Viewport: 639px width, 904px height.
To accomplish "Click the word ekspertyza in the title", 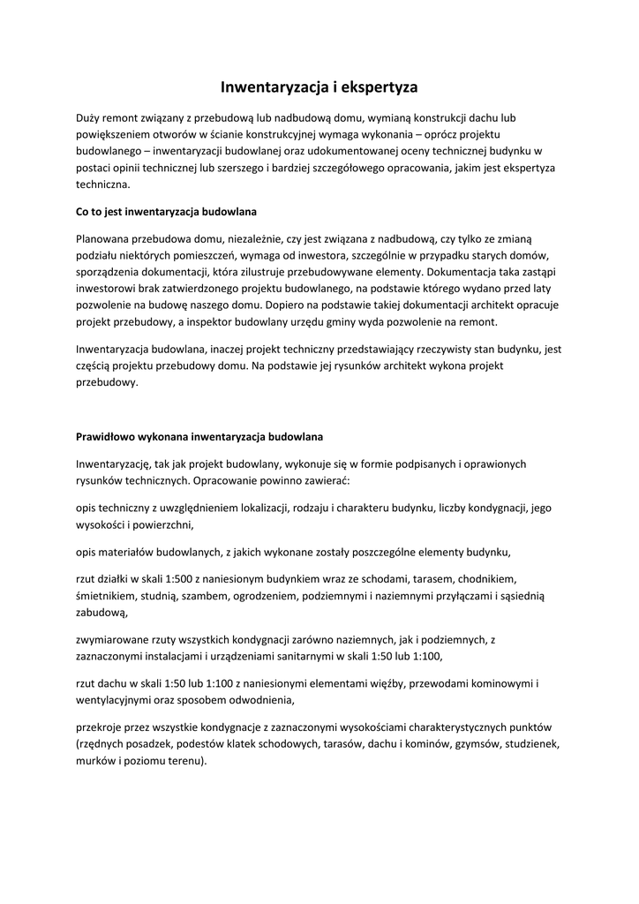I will coord(375,87).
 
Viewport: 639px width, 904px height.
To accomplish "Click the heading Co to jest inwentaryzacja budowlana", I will coord(166,212).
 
